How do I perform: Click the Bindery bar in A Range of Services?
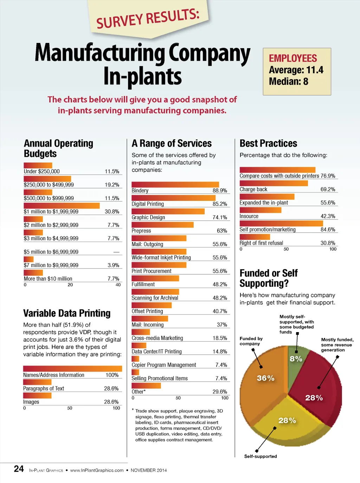[175, 185]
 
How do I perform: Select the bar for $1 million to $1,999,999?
[62, 206]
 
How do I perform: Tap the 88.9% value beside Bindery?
[220, 191]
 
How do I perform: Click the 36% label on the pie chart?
[265, 378]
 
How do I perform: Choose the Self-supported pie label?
[261, 456]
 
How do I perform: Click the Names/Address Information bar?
[72, 369]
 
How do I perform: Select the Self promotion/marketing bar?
[281, 223]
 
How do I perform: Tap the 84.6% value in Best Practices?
[328, 230]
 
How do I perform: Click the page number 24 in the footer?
[19, 469]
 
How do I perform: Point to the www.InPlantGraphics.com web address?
[97, 470]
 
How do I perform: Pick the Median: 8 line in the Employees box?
[289, 82]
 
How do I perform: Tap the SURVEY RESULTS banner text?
[148, 19]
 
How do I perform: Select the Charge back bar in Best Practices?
[274, 183]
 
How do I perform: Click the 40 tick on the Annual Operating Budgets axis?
[118, 285]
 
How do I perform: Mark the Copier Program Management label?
[164, 365]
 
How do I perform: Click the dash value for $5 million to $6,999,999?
[116, 252]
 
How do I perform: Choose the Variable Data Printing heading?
[67, 313]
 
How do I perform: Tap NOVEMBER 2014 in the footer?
[149, 470]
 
